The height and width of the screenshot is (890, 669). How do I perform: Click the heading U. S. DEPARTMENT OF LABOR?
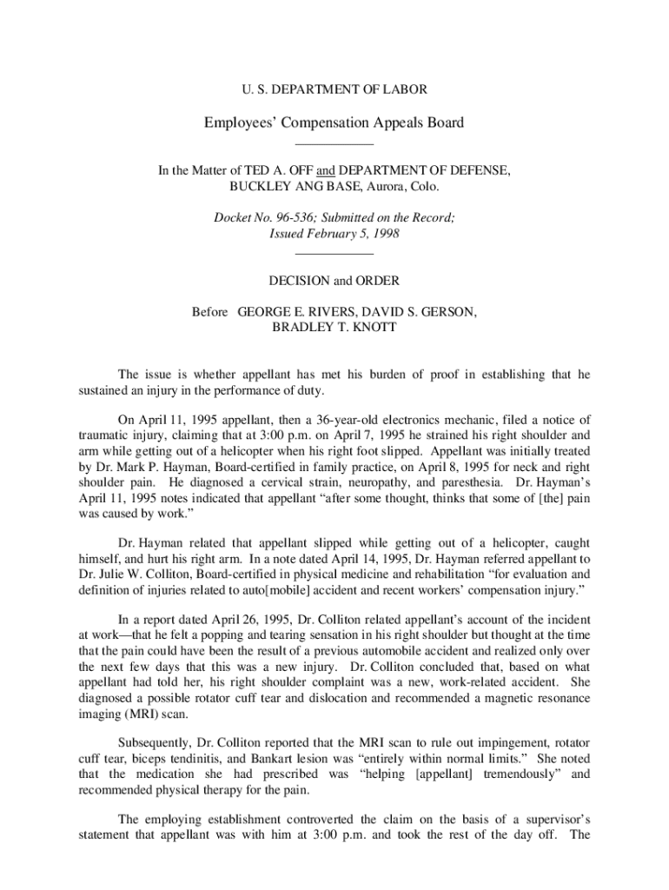(x=334, y=90)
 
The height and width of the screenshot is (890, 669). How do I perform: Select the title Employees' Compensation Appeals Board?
(x=334, y=123)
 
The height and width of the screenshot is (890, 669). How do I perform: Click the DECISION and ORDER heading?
(x=334, y=281)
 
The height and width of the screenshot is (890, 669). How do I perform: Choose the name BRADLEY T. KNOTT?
(x=334, y=327)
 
